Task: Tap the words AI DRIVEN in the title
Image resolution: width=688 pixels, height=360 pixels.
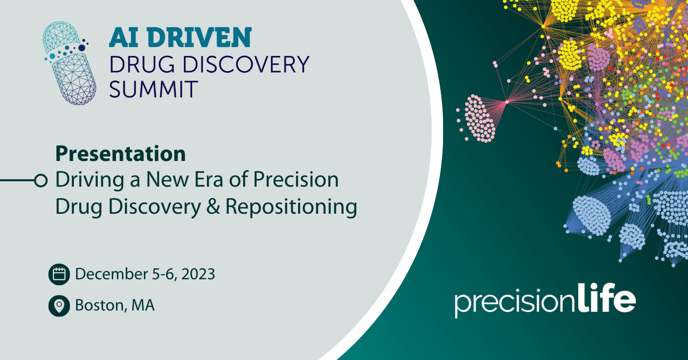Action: [x=180, y=38]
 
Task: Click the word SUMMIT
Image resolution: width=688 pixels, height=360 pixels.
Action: [x=153, y=89]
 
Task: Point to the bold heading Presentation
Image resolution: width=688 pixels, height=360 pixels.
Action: [x=120, y=154]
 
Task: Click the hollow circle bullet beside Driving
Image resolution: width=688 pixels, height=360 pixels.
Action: [x=41, y=181]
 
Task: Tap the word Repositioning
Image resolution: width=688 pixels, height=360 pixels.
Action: [x=291, y=207]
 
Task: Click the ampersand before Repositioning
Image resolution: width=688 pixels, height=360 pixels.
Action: [x=213, y=206]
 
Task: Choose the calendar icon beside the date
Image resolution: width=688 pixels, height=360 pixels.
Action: [x=59, y=274]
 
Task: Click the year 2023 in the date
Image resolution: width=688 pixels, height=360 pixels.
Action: [x=198, y=274]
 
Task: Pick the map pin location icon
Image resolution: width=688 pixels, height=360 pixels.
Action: [x=59, y=306]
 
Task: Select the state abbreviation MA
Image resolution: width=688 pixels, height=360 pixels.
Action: [x=143, y=305]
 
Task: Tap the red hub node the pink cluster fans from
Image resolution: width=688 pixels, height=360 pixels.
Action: [x=507, y=102]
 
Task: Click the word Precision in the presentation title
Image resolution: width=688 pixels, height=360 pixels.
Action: [x=296, y=179]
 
